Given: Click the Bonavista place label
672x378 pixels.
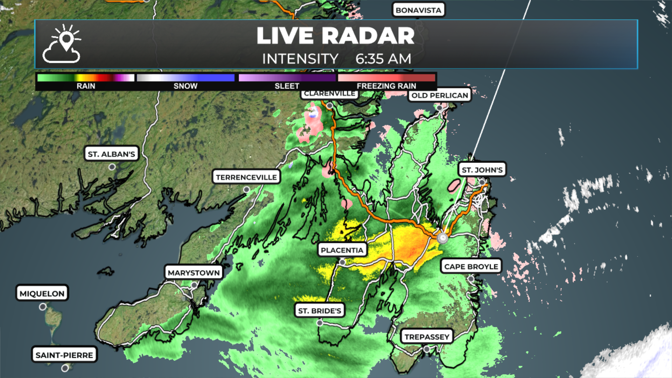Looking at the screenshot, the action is pos(418,10).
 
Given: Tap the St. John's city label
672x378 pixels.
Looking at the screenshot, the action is pos(482,170).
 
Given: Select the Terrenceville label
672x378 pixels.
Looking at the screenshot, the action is pos(246,177).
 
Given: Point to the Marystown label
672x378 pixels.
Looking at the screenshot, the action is pos(194,273).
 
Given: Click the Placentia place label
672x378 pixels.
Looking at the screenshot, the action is pos(342,250).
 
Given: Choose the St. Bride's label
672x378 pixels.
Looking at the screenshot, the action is pos(320,310).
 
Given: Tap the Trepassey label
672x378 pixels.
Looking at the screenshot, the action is pos(427,337).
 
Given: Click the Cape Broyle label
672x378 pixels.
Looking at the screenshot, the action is pos(471,266).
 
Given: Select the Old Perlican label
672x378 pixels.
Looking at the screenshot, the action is pos(440,95).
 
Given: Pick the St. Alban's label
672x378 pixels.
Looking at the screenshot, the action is pos(111,154).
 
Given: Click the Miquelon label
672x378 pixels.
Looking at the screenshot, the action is pos(42,293).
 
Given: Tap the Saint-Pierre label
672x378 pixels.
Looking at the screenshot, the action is pos(64,355).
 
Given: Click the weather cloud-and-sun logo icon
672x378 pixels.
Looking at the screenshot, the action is pos(62,44).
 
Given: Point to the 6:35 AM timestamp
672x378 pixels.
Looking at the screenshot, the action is pos(383,59).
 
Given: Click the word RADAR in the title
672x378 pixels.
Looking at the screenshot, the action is pos(368,36).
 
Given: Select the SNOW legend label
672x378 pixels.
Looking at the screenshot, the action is pos(185,86).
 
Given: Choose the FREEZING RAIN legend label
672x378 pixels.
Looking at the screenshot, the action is pos(386,86).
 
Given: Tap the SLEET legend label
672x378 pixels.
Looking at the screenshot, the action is pos(287,86).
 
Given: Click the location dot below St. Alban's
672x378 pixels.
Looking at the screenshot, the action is pos(112,167).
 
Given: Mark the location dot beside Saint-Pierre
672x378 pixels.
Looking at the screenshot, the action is pos(65,368).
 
